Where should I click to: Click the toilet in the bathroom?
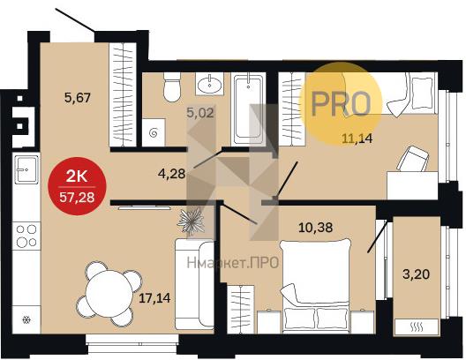pos(172,87)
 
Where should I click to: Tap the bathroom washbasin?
pos(209,85)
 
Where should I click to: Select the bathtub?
pos(249,109)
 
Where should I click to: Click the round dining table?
pos(109,294)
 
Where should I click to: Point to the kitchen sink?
pos(26,170)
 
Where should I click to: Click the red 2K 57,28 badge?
pos(77,186)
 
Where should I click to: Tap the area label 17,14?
pos(154,298)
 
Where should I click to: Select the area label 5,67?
pos(78,97)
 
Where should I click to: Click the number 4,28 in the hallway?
pos(172,174)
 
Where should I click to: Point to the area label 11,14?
pos(357,139)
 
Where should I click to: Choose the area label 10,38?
pos(315,228)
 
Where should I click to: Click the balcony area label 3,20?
pos(416,274)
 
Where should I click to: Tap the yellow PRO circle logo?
pos(341,103)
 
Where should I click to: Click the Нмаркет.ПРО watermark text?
pos(233,263)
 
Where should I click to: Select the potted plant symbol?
pos(191,221)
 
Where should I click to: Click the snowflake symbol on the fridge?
pos(26,320)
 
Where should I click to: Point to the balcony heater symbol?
pos(417,327)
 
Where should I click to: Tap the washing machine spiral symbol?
pos(154,132)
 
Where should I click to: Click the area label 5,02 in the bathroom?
pos(200,113)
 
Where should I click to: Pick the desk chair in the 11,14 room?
pos(413,159)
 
